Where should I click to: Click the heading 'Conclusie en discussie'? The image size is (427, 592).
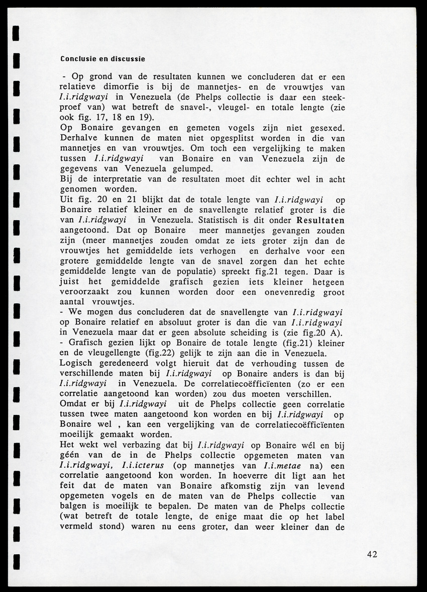tap(102, 59)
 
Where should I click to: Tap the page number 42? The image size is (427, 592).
tap(372, 554)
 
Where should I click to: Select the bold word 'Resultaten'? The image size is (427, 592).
tap(321, 220)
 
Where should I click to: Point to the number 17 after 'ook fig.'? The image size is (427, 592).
tap(102, 118)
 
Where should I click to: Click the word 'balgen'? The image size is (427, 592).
tap(74, 507)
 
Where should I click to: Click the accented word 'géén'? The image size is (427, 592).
tap(70, 456)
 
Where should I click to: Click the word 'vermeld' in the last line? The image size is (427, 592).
tap(76, 528)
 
